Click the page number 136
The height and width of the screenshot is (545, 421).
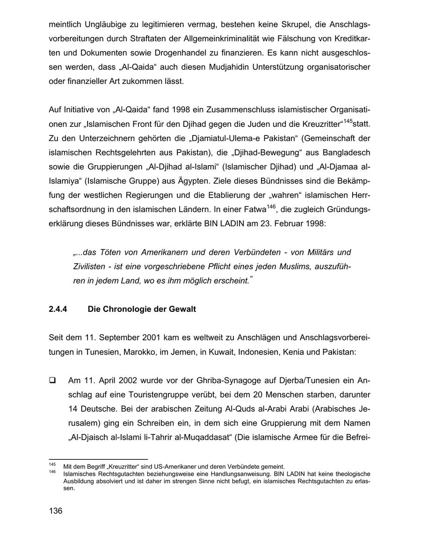(55, 511)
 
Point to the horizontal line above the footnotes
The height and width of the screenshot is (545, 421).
(98, 459)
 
